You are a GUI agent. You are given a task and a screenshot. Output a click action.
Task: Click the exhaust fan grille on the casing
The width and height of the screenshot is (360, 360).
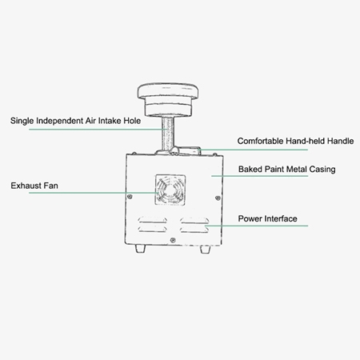tap(170, 190)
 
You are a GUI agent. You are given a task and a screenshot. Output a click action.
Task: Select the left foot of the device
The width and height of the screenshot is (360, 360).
tap(142, 248)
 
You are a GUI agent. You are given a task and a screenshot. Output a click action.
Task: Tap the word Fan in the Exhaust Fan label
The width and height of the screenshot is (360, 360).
tap(50, 186)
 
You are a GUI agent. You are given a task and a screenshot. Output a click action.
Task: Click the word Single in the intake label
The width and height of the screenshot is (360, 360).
tap(22, 122)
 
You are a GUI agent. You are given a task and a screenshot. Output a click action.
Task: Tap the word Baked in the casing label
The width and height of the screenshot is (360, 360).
tap(251, 170)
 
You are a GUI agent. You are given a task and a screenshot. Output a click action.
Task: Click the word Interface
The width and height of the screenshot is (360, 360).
tap(282, 218)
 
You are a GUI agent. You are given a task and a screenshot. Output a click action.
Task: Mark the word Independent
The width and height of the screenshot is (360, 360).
tap(64, 122)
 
